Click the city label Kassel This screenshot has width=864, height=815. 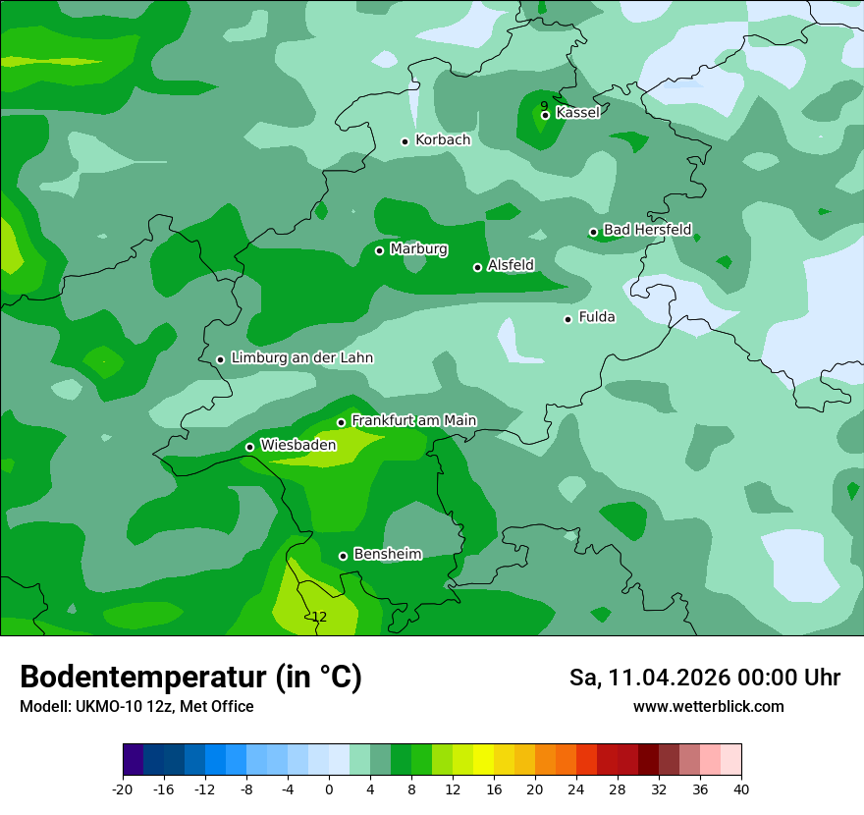click(x=577, y=113)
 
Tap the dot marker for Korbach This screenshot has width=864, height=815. click(x=405, y=141)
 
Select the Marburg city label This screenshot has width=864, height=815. click(x=418, y=249)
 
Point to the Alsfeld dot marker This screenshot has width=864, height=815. click(x=478, y=267)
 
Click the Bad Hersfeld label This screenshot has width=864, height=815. click(x=647, y=230)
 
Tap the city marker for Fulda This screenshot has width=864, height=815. click(x=567, y=319)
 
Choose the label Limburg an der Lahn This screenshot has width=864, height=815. click(x=301, y=358)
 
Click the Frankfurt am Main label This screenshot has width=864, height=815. click(x=413, y=420)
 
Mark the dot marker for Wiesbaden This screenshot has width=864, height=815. click(x=249, y=448)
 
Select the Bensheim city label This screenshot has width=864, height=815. click(x=387, y=554)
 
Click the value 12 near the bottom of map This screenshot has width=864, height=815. click(x=318, y=617)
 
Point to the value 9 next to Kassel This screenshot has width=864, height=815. click(x=544, y=106)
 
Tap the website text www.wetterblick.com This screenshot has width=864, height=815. click(x=708, y=707)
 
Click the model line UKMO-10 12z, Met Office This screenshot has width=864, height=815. click(x=165, y=707)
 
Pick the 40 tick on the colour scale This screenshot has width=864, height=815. click(x=740, y=788)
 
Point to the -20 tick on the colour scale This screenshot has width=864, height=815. click(x=123, y=788)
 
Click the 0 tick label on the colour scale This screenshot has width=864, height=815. click(x=329, y=788)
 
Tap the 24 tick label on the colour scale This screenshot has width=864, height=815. click(x=576, y=788)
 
